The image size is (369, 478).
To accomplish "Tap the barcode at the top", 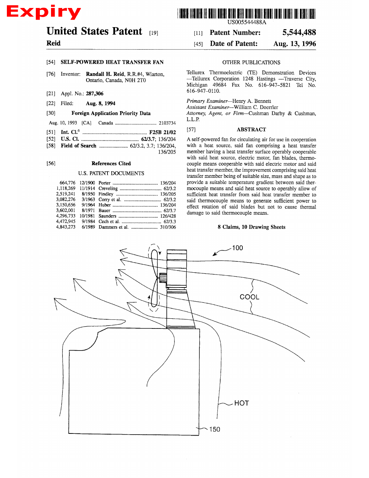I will [246, 14].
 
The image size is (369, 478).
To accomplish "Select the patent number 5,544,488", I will [299, 33].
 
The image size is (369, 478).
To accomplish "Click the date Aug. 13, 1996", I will [294, 44].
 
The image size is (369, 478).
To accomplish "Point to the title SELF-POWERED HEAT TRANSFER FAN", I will [112, 62].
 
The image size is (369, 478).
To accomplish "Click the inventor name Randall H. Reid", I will [105, 74].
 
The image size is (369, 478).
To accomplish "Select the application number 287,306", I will [94, 94].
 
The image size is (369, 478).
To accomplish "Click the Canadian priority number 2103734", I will [167, 123].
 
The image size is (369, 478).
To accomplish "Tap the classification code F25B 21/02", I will [162, 133].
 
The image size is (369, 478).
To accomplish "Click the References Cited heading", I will [111, 164].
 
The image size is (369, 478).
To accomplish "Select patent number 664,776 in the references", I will [67, 183].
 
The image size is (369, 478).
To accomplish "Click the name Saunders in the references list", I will [107, 216].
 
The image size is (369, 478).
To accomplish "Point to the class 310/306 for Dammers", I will [168, 227].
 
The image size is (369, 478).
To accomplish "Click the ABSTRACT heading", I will [251, 130].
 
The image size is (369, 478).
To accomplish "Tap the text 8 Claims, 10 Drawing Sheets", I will [251, 227].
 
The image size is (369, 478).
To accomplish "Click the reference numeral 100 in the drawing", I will [237, 248].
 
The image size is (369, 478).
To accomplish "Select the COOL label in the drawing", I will [249, 297].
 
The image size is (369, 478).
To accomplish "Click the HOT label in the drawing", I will [241, 403].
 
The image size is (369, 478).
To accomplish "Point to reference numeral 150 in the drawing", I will [215, 429].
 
